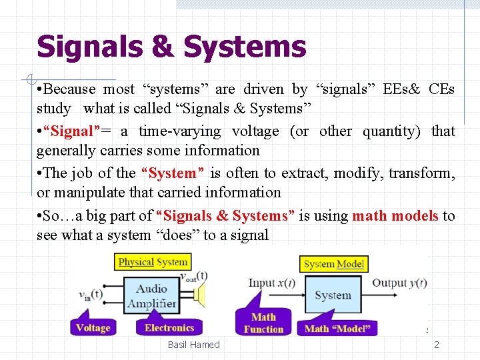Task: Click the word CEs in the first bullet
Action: pyautogui.click(x=441, y=89)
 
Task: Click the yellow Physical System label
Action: pyautogui.click(x=153, y=262)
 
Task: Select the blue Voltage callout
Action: pyautogui.click(x=93, y=328)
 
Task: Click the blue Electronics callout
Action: pyautogui.click(x=169, y=328)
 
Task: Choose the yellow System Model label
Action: pyautogui.click(x=333, y=264)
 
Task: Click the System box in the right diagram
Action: pyautogui.click(x=333, y=295)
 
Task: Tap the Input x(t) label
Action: pyautogui.click(x=271, y=283)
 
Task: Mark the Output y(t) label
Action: pyautogui.click(x=399, y=283)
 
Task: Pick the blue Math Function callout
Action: pyautogui.click(x=263, y=323)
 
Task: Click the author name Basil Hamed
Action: pyautogui.click(x=193, y=345)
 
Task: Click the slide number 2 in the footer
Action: pyautogui.click(x=437, y=345)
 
